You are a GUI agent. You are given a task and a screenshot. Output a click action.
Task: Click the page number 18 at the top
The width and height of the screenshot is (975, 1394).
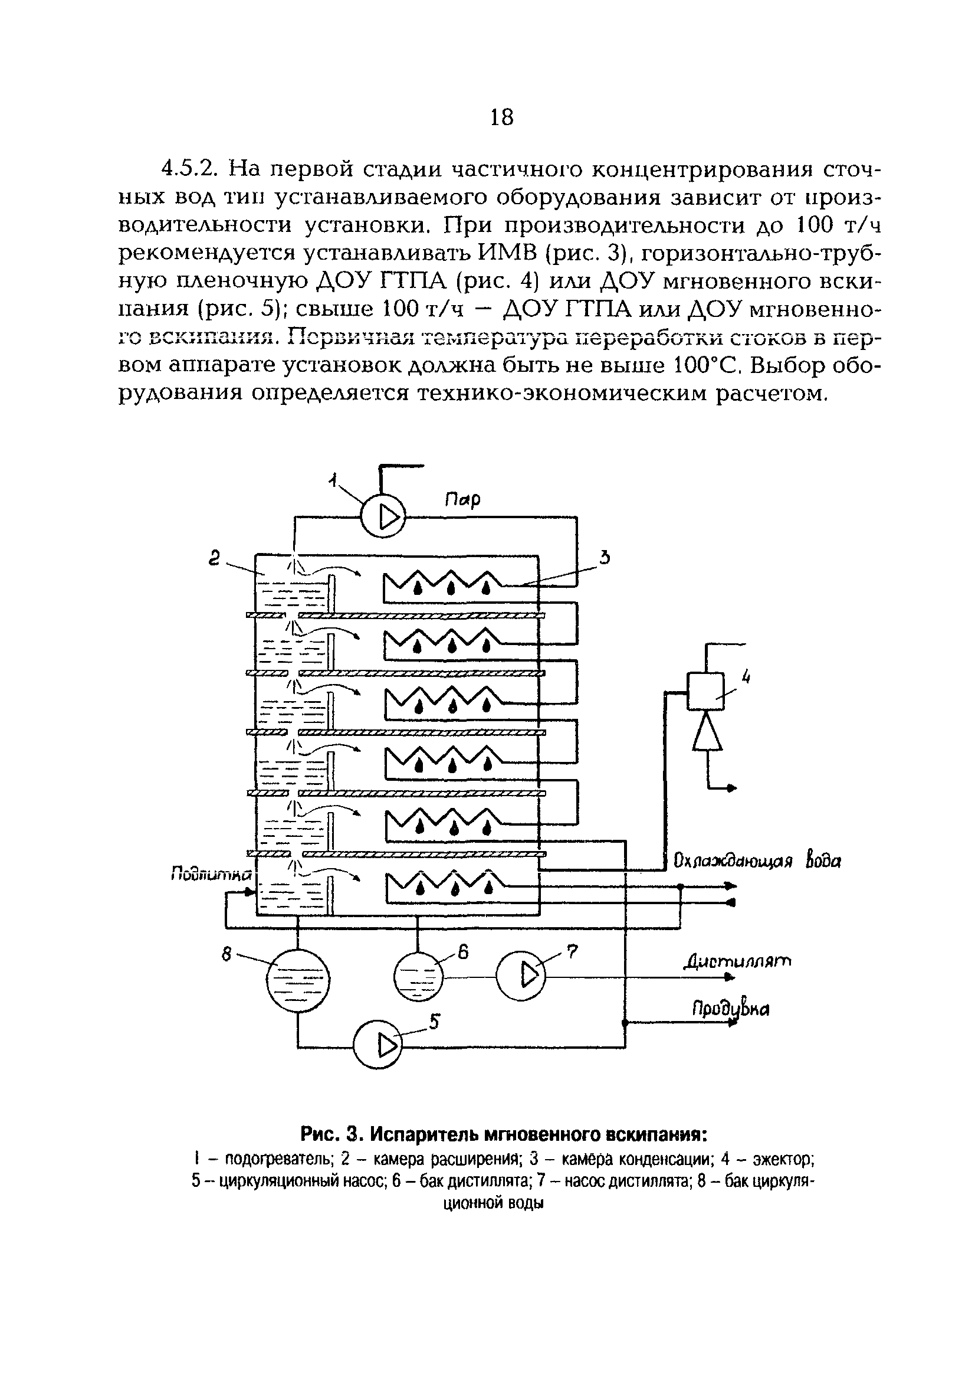501,117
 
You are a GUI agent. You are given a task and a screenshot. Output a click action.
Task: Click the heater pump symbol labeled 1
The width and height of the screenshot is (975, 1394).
382,517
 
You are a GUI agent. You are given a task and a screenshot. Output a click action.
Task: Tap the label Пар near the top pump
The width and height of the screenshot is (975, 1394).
462,500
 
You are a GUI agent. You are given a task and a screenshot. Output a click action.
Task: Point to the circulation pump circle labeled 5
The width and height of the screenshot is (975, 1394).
377,1045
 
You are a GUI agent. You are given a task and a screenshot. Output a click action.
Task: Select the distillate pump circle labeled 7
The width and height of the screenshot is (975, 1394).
521,976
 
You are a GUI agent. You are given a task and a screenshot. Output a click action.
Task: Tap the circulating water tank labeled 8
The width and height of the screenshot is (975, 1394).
298,979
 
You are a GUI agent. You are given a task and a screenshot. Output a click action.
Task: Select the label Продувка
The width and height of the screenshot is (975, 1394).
730,1009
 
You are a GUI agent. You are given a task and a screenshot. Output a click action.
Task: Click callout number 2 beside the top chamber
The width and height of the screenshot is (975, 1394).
214,558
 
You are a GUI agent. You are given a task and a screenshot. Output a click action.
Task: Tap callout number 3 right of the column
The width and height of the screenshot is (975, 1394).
603,557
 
